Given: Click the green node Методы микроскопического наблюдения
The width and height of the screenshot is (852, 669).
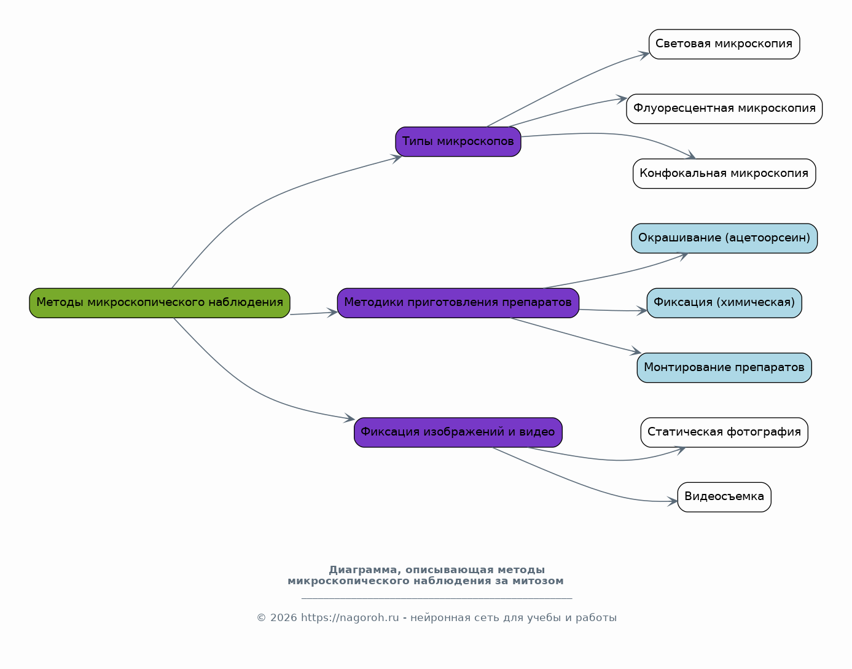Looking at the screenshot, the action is coord(160,303).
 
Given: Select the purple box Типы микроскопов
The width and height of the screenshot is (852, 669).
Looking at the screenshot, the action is coord(458,141).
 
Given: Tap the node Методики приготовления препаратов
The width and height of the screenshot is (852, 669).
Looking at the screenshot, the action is coord(458,303).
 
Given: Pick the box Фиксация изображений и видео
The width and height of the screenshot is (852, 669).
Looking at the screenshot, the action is coord(458,432).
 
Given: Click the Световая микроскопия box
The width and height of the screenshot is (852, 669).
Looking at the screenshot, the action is coord(724,44).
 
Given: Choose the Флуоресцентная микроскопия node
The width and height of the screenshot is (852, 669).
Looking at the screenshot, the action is coord(724,109).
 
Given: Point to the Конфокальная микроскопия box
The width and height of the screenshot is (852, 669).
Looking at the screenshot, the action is coord(724,174).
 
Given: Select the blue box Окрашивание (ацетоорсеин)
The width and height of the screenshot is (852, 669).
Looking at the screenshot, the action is coord(724,238).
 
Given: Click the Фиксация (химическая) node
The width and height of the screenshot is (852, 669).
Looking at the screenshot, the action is coord(724,303).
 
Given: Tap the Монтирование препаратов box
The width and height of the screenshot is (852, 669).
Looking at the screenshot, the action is coord(724,368).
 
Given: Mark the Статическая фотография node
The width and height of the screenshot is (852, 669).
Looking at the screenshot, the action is coord(724,432).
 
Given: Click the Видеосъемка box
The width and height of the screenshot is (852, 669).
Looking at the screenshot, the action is coord(724,497).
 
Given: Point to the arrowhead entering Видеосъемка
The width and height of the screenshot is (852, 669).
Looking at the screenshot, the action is coord(673,501).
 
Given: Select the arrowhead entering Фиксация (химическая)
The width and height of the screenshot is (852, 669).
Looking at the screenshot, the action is coord(642,311).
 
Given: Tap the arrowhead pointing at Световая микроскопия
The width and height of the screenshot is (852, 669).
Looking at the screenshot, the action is coord(644,55).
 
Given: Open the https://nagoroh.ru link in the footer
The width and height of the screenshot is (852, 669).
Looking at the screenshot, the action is coord(350,618).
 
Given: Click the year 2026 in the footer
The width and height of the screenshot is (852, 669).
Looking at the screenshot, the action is coord(283,618).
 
